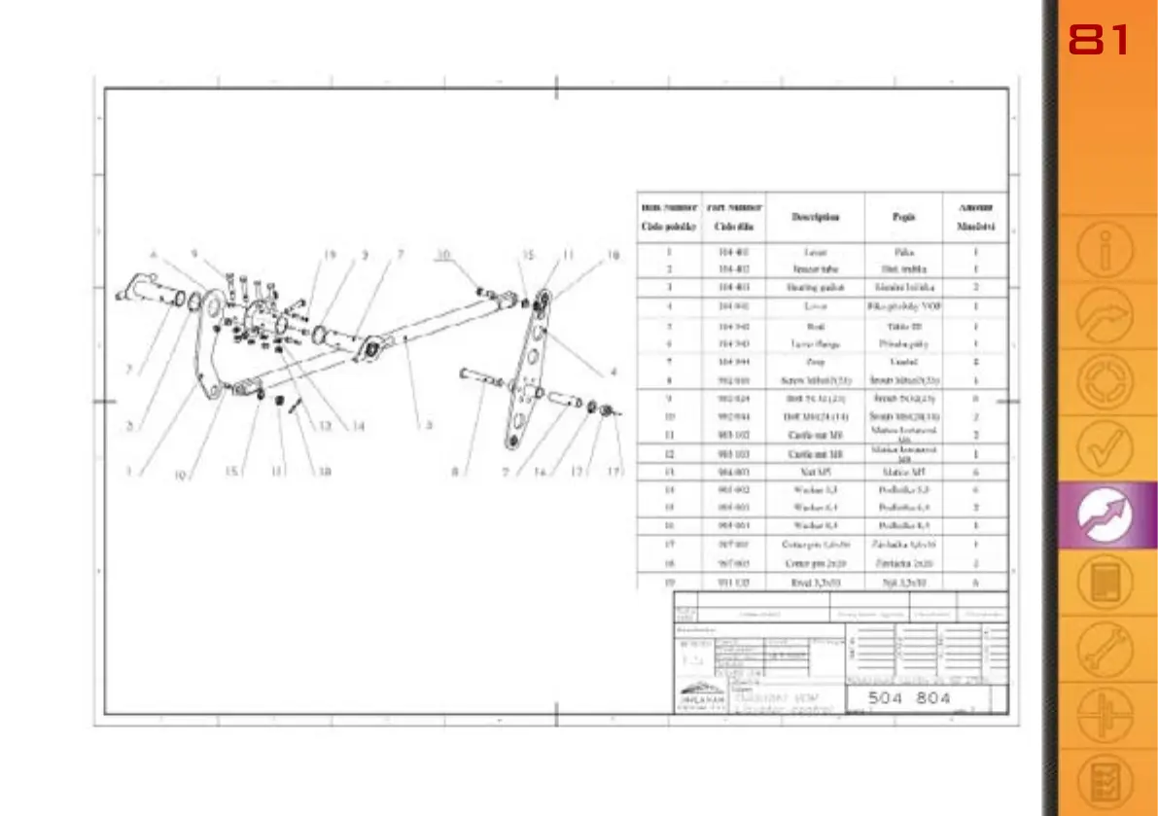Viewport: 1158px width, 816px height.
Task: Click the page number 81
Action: [x=1099, y=41]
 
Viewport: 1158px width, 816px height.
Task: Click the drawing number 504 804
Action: [x=908, y=697]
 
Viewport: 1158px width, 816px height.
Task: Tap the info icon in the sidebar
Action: [x=1105, y=252]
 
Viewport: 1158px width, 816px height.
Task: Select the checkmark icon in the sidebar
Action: [x=1105, y=446]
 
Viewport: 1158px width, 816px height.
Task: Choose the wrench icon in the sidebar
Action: [x=1105, y=650]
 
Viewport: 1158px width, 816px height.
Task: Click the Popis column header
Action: [x=903, y=217]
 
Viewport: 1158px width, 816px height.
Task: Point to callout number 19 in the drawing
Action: [x=330, y=255]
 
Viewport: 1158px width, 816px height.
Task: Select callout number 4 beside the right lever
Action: [x=613, y=371]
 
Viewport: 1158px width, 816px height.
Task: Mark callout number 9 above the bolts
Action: [x=193, y=255]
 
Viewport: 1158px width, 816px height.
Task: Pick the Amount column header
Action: [x=975, y=217]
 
